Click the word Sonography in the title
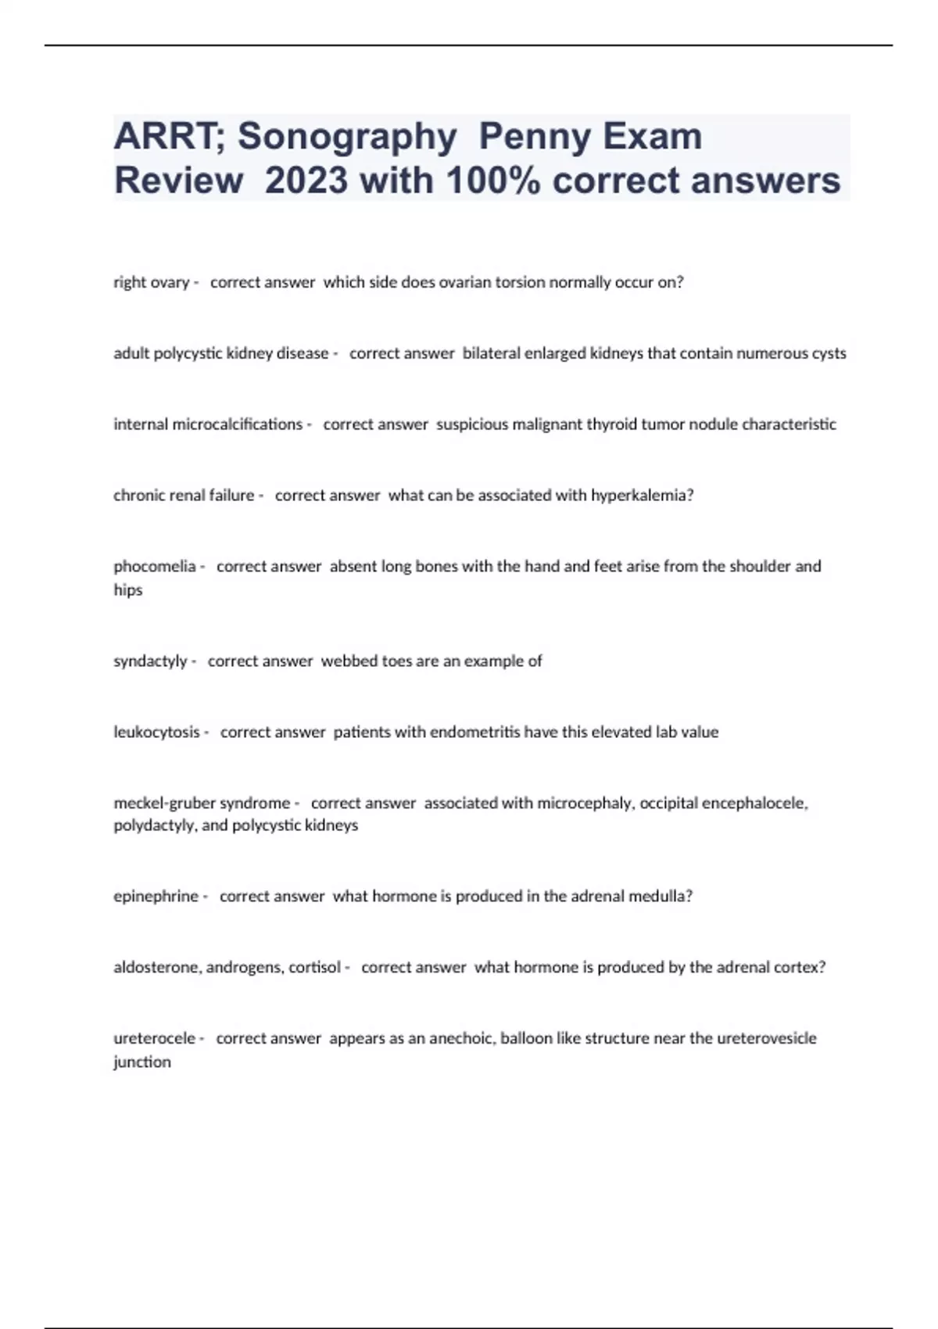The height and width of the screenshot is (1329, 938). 347,136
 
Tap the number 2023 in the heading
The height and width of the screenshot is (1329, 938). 306,181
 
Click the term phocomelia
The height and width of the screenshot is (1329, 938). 155,566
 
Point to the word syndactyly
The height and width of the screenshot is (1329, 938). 150,661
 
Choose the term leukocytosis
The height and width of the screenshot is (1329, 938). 156,733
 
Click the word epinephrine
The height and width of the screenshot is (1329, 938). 156,897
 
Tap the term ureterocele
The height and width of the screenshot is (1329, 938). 154,1038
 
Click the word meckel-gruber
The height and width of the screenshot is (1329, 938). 162,803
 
